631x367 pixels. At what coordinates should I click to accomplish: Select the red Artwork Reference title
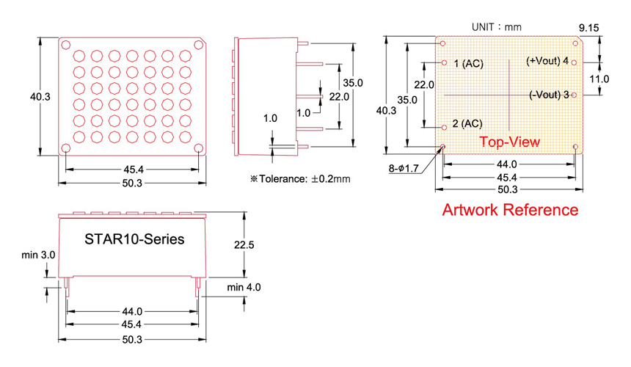509,210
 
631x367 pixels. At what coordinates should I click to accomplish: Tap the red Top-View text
509,141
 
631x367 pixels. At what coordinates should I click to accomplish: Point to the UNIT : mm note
496,27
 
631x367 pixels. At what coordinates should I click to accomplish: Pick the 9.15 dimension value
589,27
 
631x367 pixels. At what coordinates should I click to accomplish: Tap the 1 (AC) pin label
468,64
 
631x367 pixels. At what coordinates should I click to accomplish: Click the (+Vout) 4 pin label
547,61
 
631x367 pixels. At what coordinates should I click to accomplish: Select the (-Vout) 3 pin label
549,95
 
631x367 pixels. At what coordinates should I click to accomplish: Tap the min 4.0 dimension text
244,287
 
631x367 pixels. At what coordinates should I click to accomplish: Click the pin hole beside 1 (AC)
444,64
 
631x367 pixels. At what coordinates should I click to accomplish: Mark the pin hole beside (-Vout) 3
575,95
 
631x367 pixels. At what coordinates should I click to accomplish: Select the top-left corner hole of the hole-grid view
65,44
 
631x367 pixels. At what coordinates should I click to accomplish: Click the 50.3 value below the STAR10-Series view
132,340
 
